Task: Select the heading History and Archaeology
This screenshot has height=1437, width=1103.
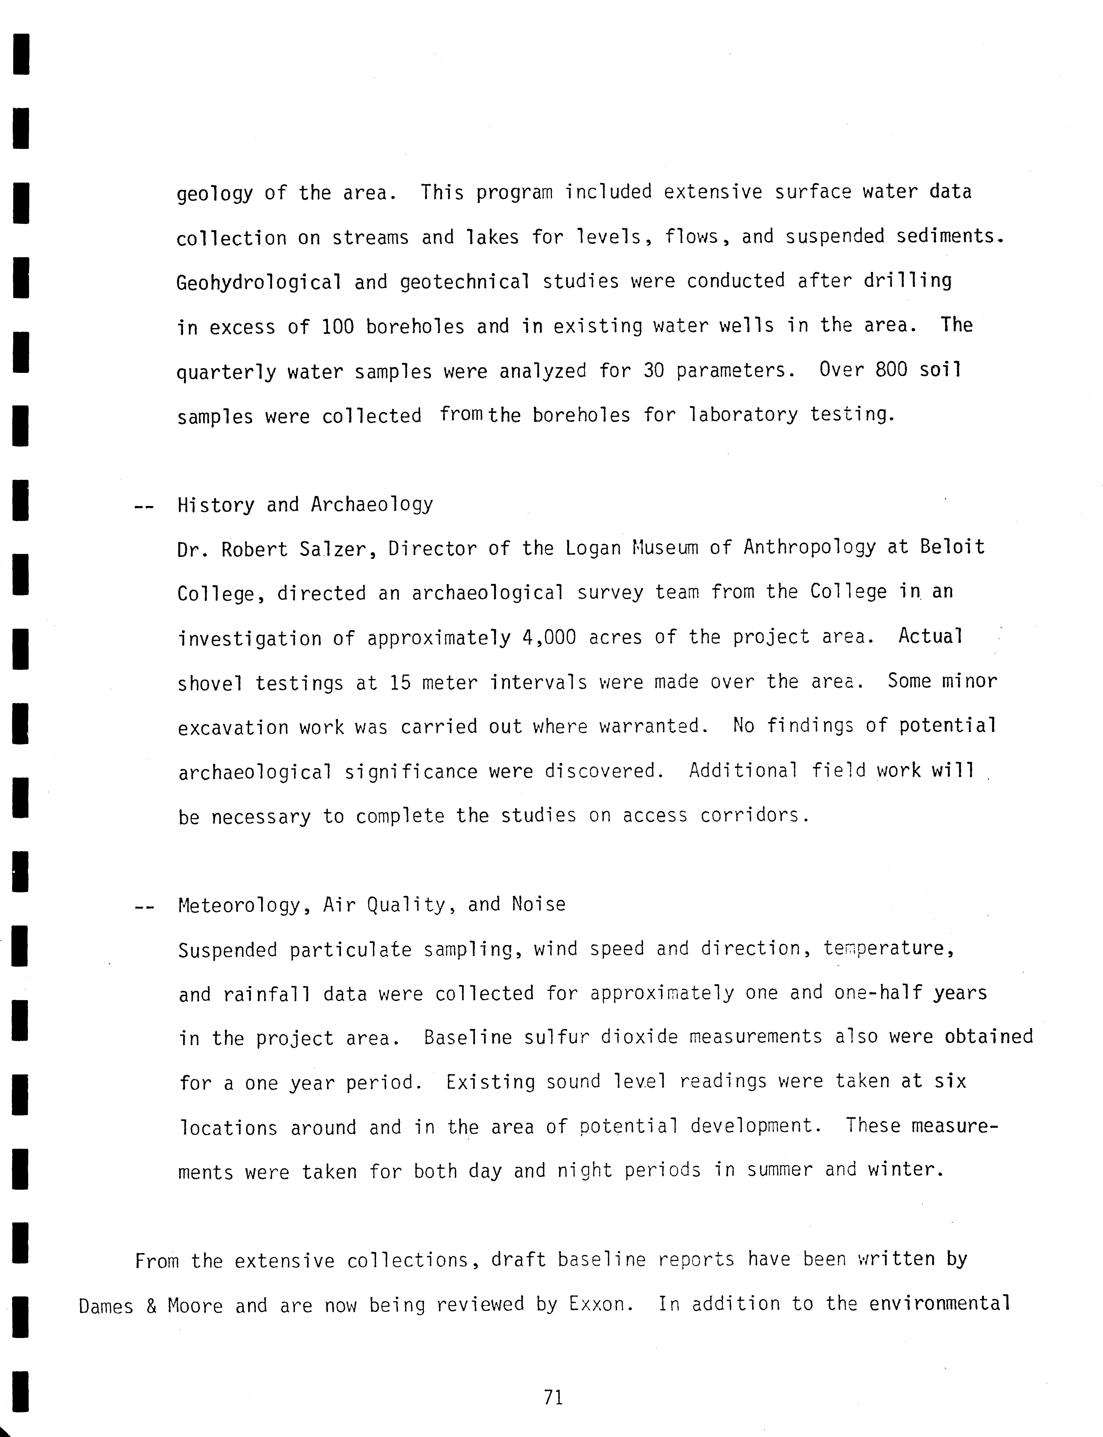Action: (305, 505)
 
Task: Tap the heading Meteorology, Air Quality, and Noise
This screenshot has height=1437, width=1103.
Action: (372, 905)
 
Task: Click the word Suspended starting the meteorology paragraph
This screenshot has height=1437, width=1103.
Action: (227, 949)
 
